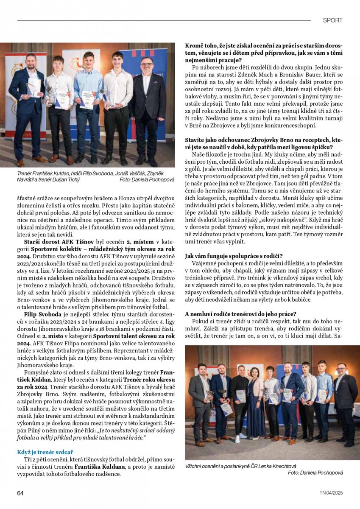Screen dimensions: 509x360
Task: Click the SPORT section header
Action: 332,20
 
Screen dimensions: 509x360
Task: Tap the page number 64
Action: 20,493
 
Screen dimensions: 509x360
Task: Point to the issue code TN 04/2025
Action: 331,493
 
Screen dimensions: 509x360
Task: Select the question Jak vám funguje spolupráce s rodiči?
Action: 234,256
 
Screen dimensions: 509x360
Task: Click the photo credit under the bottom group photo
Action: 315,473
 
